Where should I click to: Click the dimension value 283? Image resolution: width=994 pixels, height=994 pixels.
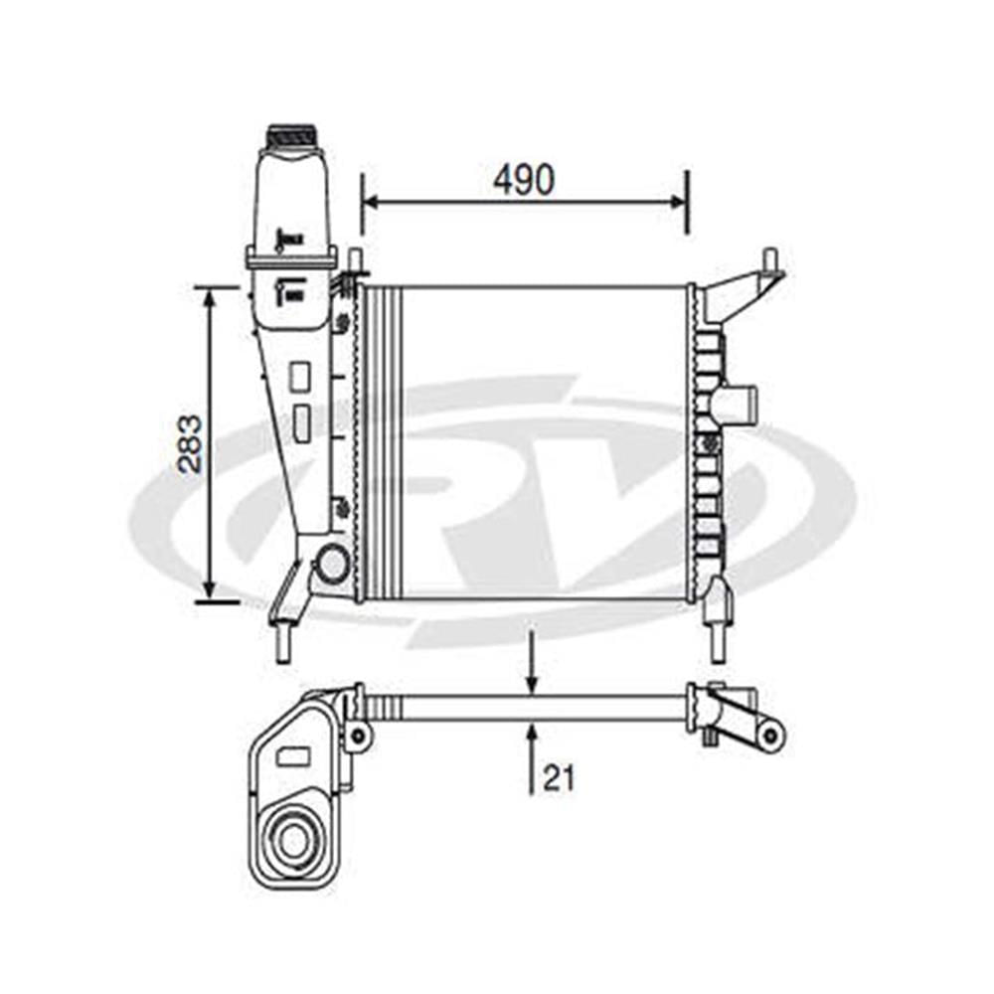[x=191, y=443]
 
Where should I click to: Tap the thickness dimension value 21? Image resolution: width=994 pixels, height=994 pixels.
[x=559, y=778]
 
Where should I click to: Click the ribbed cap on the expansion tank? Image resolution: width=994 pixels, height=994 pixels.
[x=289, y=135]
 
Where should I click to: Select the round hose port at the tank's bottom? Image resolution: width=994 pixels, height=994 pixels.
[x=331, y=563]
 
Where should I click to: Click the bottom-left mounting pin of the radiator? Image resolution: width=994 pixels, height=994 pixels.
[x=282, y=642]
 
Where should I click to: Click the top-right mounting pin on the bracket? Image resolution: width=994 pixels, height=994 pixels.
[x=771, y=259]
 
